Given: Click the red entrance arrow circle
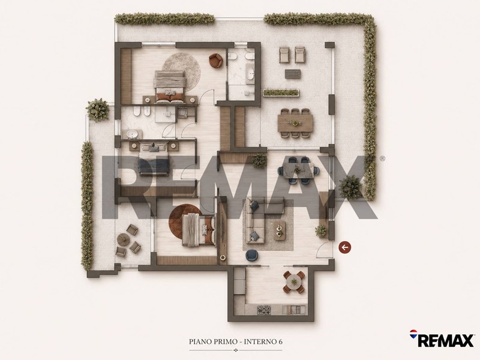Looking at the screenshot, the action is point(345,247).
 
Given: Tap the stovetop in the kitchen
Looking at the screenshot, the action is point(264,310).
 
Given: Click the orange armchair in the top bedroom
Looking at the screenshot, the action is point(216,60).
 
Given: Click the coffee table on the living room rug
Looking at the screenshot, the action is point(280,230).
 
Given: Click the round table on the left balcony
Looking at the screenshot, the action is point(124,239).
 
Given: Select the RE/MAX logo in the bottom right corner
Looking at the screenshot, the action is point(442,338).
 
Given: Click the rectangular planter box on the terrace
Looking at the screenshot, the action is point(281,92).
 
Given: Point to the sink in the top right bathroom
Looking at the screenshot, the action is point(251,74).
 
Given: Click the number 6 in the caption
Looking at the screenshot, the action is point(280,341).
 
